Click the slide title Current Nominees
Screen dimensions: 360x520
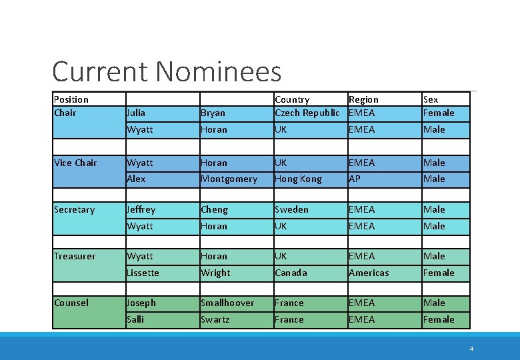click(x=167, y=71)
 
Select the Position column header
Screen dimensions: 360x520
click(x=71, y=99)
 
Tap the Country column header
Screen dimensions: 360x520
click(x=292, y=99)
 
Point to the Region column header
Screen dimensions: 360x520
click(x=363, y=99)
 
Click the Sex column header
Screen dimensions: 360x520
click(x=431, y=99)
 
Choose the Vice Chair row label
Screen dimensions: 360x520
click(x=75, y=163)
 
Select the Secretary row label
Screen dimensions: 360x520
click(x=74, y=209)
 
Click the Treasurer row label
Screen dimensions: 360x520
click(x=75, y=256)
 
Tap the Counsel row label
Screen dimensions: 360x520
click(x=71, y=303)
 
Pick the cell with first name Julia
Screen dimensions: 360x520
click(x=136, y=113)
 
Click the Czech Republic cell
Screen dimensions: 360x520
click(x=307, y=113)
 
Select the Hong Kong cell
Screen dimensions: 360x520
click(x=298, y=179)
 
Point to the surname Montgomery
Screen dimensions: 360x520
click(x=229, y=179)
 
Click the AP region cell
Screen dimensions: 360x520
click(x=355, y=179)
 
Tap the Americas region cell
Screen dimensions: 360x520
click(x=369, y=273)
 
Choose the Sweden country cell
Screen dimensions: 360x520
click(x=291, y=209)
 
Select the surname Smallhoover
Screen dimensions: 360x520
click(x=227, y=303)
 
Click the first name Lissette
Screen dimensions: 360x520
click(x=143, y=273)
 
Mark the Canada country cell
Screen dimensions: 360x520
click(x=291, y=273)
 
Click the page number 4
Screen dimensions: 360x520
click(x=471, y=348)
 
